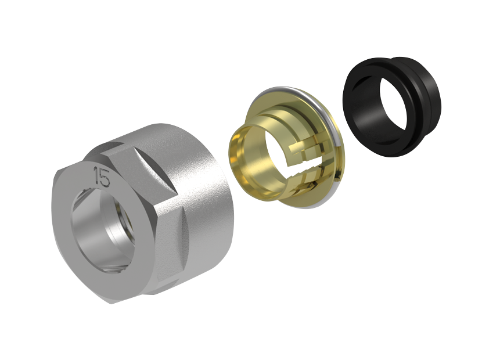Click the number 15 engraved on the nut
click(102, 177)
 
